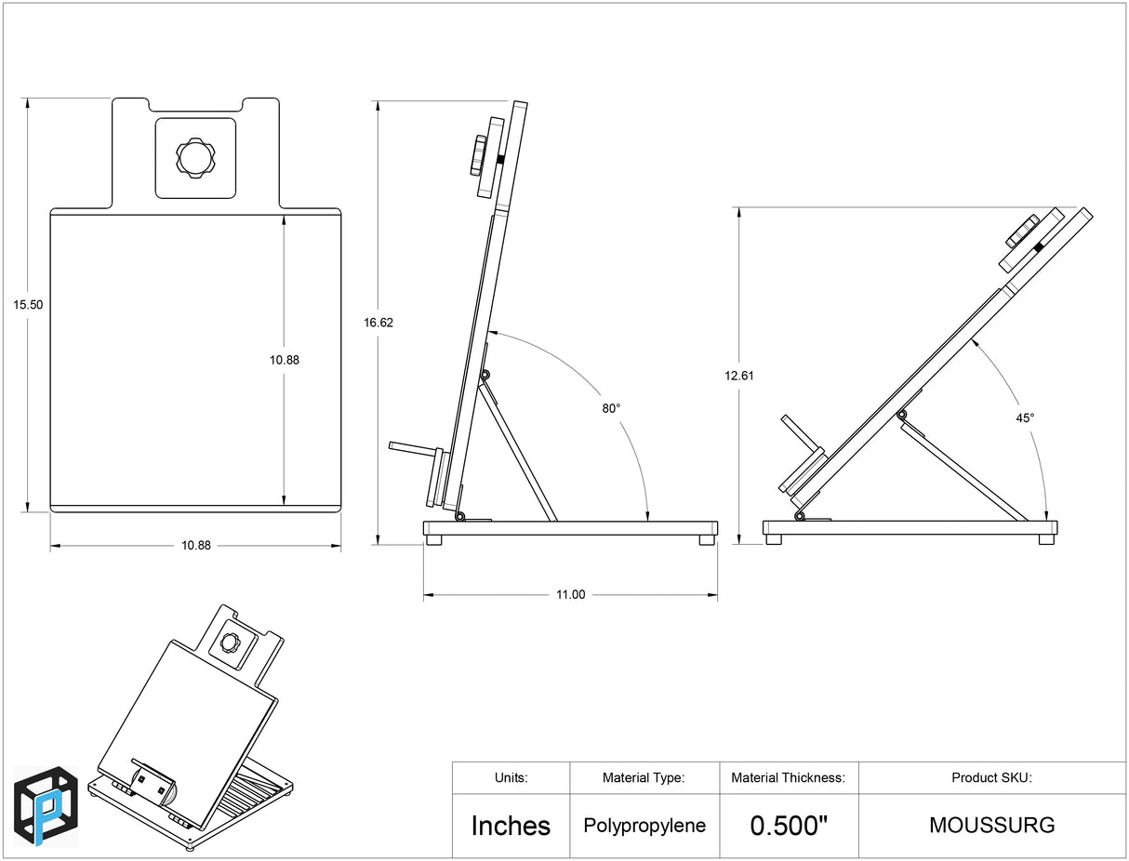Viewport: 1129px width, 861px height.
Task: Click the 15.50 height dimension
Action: tap(28, 304)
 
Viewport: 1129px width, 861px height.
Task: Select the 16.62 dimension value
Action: tap(379, 323)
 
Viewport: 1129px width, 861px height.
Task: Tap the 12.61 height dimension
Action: tap(740, 376)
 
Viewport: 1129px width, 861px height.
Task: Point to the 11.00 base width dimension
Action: tap(570, 595)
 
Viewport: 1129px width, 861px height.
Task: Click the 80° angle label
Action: tap(611, 407)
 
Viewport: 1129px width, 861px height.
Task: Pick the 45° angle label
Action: tap(1025, 418)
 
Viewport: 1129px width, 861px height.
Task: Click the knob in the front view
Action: tap(195, 158)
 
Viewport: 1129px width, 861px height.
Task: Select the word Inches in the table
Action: tap(511, 826)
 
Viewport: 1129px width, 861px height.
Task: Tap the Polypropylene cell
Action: tap(644, 826)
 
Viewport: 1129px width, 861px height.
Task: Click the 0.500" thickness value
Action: tap(789, 826)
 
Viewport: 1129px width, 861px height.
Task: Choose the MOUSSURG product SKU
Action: tap(991, 826)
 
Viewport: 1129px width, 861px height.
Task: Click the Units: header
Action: tap(511, 778)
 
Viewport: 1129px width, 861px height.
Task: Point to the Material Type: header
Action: tap(644, 778)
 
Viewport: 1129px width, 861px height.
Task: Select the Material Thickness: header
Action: tap(788, 778)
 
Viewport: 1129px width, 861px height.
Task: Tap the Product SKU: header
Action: tap(991, 778)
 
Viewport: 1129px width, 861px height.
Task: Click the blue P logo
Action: tap(46, 806)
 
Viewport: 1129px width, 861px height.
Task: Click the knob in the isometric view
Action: tap(230, 642)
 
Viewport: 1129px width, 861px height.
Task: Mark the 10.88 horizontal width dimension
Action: tap(195, 546)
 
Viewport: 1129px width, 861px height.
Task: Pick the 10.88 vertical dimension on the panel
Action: tap(285, 360)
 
